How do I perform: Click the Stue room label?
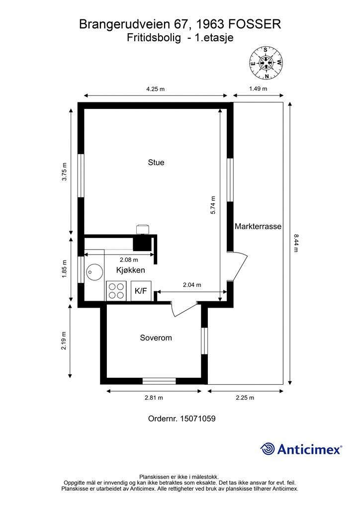[156, 163]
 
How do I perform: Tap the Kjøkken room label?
[130, 270]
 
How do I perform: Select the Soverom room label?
[156, 338]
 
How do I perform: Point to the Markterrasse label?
[258, 226]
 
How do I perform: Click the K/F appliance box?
[141, 291]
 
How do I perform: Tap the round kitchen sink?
[95, 270]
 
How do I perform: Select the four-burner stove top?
[116, 291]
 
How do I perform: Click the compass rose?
[266, 63]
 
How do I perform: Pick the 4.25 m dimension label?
[156, 89]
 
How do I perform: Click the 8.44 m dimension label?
[295, 243]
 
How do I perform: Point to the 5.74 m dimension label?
[213, 205]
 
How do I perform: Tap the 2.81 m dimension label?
[154, 398]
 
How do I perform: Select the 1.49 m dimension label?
[258, 88]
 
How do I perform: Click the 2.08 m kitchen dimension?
[129, 259]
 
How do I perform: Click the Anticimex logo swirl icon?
[268, 449]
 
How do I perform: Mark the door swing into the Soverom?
[184, 309]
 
